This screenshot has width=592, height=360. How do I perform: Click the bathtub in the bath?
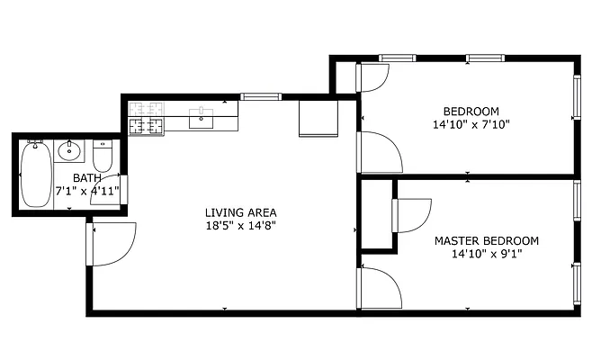[36, 173]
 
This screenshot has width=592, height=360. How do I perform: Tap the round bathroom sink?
[70, 150]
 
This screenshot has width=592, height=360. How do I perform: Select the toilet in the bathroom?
[103, 157]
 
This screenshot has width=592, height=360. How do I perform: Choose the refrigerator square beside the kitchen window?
[318, 117]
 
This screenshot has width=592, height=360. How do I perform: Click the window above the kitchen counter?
[261, 96]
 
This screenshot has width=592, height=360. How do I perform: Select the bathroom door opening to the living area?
[115, 192]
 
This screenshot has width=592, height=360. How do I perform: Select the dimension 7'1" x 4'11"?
[87, 191]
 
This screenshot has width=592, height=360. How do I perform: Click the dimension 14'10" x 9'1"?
[486, 254]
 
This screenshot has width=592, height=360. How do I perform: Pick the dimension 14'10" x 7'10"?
[471, 126]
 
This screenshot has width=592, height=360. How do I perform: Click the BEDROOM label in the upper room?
[471, 112]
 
